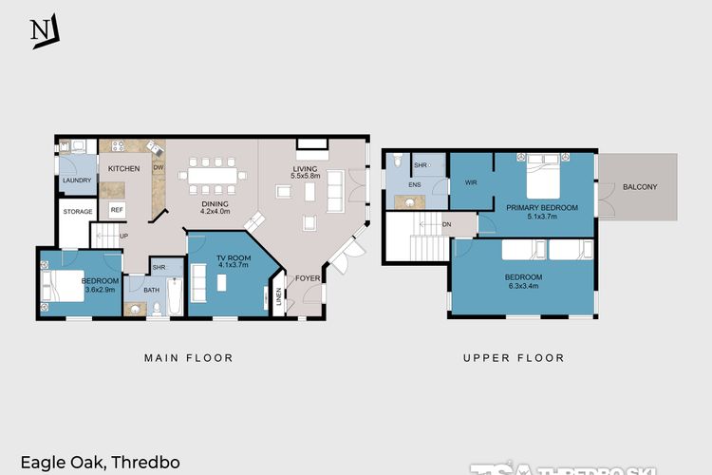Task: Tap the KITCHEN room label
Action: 123,168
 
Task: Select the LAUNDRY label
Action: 77,180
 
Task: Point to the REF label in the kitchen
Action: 117,209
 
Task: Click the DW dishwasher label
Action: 159,168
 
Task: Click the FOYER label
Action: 306,278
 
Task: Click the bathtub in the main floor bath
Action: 175,297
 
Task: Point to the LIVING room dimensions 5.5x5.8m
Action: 306,176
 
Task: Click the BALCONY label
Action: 640,187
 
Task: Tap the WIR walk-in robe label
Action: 470,181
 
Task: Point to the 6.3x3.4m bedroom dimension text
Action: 524,285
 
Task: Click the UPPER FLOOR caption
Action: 514,358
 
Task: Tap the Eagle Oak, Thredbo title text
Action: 101,464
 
